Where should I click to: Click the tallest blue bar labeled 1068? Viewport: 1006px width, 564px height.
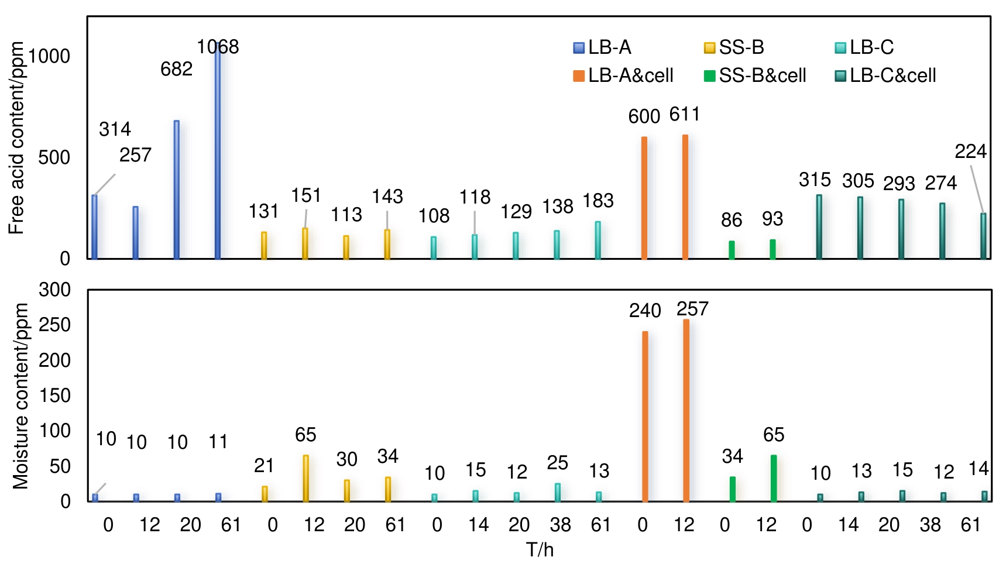[x=218, y=152]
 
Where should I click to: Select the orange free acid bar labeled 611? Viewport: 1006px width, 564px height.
[x=685, y=197]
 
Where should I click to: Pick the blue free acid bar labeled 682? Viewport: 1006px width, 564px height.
[x=177, y=190]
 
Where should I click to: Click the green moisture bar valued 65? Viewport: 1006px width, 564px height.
[x=774, y=479]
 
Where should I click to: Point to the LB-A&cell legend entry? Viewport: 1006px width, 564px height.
[x=624, y=75]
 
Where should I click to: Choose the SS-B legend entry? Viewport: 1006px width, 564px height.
[x=734, y=47]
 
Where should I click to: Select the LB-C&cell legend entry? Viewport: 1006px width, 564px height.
[x=885, y=75]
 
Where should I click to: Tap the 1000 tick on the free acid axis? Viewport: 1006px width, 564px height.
[x=49, y=56]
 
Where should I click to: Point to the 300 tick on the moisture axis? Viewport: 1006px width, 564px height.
[x=54, y=290]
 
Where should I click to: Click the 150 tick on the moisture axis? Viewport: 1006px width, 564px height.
[x=54, y=396]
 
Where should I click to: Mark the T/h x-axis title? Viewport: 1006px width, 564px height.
[x=540, y=550]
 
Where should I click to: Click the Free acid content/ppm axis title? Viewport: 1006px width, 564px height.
[x=16, y=138]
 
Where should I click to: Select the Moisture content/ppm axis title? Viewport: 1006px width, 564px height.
[x=21, y=396]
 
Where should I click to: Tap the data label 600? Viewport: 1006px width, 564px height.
[x=644, y=116]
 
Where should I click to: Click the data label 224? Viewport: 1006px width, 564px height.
[x=970, y=152]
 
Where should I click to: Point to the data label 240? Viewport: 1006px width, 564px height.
[x=645, y=310]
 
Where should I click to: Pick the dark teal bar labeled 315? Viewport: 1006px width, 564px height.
[x=819, y=227]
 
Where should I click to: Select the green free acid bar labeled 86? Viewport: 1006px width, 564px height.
[x=732, y=250]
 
